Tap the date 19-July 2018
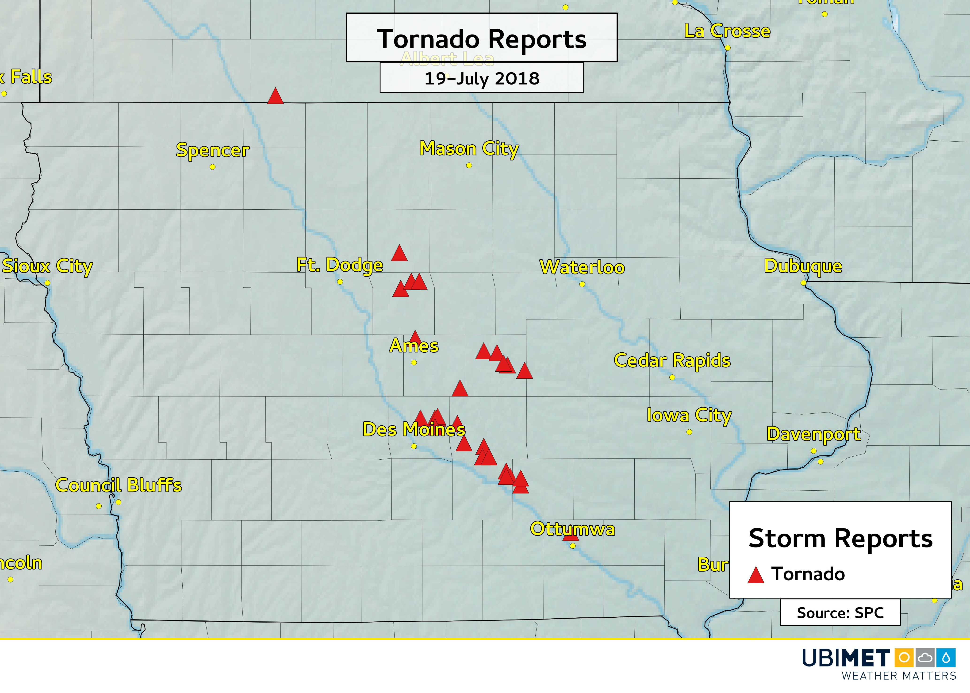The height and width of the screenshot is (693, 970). (482, 78)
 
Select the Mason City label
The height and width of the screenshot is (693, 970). (469, 149)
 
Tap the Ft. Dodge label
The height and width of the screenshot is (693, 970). (340, 265)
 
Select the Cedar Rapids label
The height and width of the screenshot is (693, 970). (672, 361)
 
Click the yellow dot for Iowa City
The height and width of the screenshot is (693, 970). (689, 432)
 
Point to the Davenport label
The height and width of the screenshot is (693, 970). (813, 434)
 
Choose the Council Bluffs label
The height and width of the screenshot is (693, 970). (119, 485)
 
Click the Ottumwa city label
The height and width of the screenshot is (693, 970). (572, 529)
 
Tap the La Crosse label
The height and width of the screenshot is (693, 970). (727, 31)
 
